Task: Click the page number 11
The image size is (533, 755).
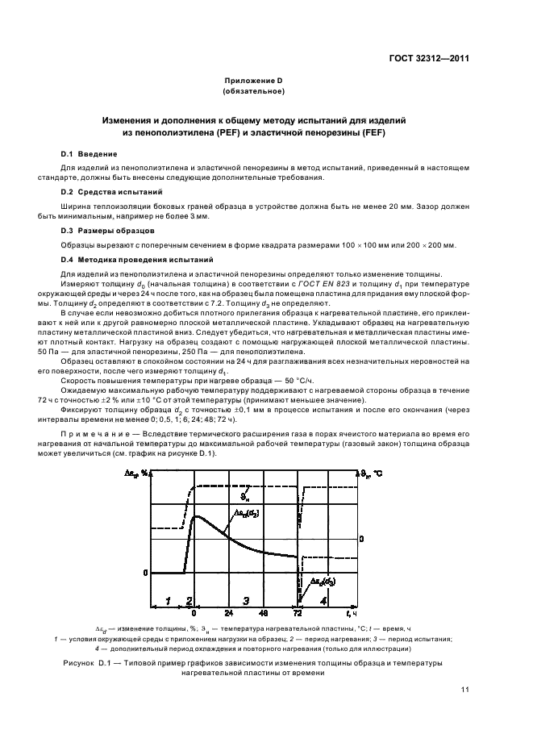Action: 465,689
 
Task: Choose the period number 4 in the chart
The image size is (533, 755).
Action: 323,600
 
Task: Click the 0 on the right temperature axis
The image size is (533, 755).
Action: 362,538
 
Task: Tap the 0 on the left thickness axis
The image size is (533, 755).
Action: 146,573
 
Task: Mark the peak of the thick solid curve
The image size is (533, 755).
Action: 194,515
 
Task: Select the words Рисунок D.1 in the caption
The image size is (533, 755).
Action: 85,664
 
